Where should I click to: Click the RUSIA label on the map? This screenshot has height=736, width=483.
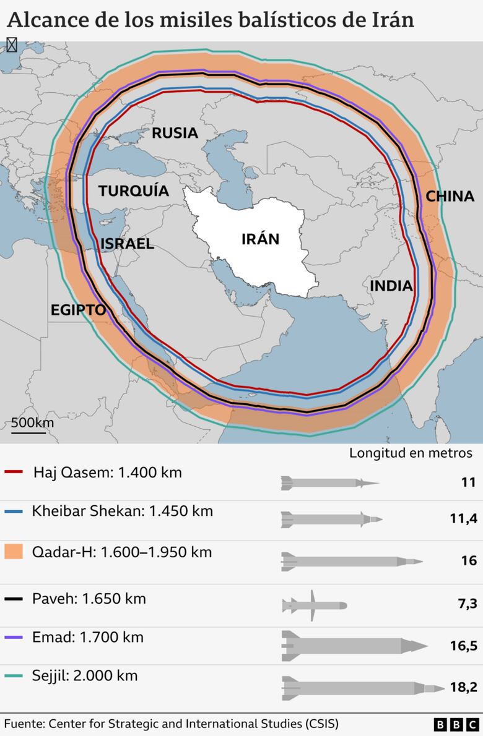click(175, 132)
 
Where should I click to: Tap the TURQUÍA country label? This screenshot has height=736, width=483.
click(133, 190)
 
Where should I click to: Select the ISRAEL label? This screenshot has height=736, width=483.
click(127, 244)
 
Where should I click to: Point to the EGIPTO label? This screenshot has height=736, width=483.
click(78, 310)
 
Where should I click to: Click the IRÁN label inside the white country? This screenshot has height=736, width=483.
click(260, 239)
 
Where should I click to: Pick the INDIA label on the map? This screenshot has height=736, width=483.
click(391, 286)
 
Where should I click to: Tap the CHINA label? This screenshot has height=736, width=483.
click(450, 196)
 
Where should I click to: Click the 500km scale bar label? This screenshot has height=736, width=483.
click(32, 423)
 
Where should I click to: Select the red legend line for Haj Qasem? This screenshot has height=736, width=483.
click(13, 473)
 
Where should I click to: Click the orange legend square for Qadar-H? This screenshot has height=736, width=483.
click(13, 552)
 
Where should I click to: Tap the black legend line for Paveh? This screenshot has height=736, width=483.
click(13, 599)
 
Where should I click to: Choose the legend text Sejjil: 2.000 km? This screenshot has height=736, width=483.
click(85, 675)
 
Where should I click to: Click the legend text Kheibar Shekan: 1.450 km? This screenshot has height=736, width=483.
click(122, 511)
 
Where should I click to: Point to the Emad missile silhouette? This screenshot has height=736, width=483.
click(354, 645)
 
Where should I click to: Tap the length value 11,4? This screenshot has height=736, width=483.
click(463, 518)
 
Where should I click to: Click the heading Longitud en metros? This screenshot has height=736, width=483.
click(411, 453)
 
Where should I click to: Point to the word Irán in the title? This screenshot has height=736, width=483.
click(389, 20)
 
